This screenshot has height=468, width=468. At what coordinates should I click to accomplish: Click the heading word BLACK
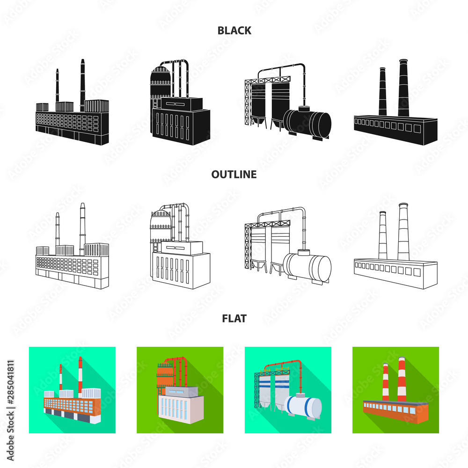click(x=234, y=30)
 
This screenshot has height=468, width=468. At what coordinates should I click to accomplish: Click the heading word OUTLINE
click(x=234, y=174)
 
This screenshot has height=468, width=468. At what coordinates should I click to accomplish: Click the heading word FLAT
click(x=234, y=318)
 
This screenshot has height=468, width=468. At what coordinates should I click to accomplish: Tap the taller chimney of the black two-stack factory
click(x=403, y=88)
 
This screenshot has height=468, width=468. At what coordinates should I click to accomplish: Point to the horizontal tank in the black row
click(x=307, y=124)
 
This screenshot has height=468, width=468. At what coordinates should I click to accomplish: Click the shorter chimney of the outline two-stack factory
click(x=383, y=235)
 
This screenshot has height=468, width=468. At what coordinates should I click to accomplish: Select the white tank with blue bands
click(x=303, y=405)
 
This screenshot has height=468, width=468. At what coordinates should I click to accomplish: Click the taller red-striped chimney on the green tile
click(x=402, y=380)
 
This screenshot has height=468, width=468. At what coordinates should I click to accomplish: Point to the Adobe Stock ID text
click(x=10, y=411)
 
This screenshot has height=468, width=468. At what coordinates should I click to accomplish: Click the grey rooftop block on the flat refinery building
click(x=182, y=392)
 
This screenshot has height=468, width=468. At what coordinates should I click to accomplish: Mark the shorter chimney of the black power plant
click(x=57, y=86)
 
